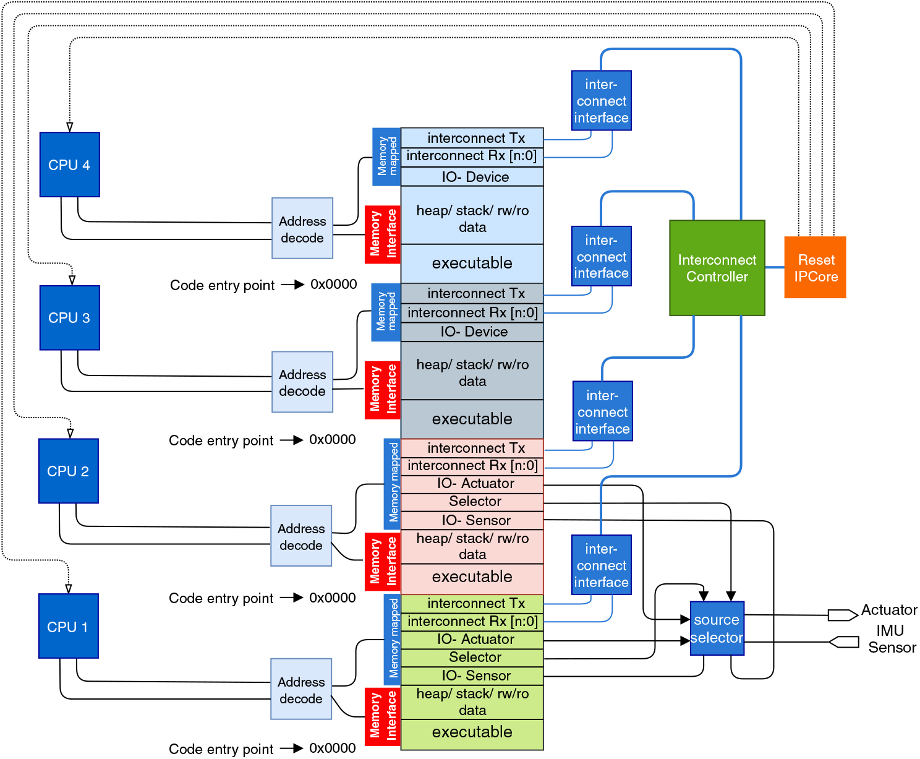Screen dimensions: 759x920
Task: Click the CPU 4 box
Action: click(x=69, y=165)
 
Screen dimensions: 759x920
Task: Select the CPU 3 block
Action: click(x=69, y=317)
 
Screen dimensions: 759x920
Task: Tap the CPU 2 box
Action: click(x=68, y=471)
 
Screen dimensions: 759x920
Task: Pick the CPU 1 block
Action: click(x=68, y=626)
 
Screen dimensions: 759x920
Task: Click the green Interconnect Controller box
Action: click(x=717, y=268)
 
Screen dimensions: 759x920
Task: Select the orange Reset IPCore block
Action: click(x=815, y=267)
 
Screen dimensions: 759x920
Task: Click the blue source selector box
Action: click(x=717, y=628)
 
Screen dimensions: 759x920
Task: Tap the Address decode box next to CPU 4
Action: click(x=302, y=228)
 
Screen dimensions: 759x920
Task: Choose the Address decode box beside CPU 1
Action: click(x=301, y=689)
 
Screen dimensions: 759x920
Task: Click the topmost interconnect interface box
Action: click(x=601, y=100)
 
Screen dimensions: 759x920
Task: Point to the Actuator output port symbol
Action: click(x=842, y=615)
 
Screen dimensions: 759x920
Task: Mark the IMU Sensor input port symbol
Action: click(x=843, y=642)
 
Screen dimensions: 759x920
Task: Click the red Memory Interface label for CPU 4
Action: click(x=383, y=234)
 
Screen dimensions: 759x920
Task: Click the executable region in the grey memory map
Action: click(x=472, y=419)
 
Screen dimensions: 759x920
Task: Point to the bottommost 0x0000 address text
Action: click(x=332, y=748)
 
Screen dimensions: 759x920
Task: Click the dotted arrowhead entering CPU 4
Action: click(x=70, y=127)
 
